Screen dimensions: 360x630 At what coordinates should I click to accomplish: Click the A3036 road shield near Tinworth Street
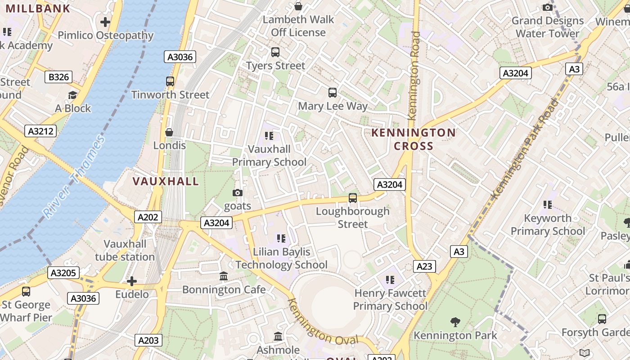coord(180,57)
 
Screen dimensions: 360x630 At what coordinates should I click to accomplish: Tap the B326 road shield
coord(59,77)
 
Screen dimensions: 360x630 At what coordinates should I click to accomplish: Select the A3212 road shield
coord(40,131)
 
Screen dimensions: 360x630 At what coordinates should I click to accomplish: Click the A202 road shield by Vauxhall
coord(148,217)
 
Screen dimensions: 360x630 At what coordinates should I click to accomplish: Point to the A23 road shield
coord(424,266)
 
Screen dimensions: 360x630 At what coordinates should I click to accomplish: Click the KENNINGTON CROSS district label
coord(414,139)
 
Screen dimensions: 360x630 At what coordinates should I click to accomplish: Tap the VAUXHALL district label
coord(166,181)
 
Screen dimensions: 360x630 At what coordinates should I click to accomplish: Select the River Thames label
coord(74,176)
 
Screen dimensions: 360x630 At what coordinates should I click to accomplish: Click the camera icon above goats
coord(237,193)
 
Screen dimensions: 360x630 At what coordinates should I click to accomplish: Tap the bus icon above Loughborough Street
coord(353,198)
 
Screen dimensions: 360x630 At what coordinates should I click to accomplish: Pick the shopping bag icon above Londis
coord(169,132)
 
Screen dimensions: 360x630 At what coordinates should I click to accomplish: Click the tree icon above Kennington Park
coord(455,322)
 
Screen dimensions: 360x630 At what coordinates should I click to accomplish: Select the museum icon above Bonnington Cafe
coord(224,276)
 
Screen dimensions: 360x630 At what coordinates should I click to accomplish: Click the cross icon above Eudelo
coord(131,282)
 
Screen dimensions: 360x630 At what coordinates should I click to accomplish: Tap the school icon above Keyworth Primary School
coord(548,205)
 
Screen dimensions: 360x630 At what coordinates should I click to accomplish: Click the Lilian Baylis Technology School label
coord(282,258)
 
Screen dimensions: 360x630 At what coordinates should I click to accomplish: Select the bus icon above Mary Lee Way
coord(333,93)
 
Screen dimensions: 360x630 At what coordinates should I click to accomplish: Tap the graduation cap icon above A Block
coord(72,95)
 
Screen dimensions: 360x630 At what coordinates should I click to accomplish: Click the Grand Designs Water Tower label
coord(547,27)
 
